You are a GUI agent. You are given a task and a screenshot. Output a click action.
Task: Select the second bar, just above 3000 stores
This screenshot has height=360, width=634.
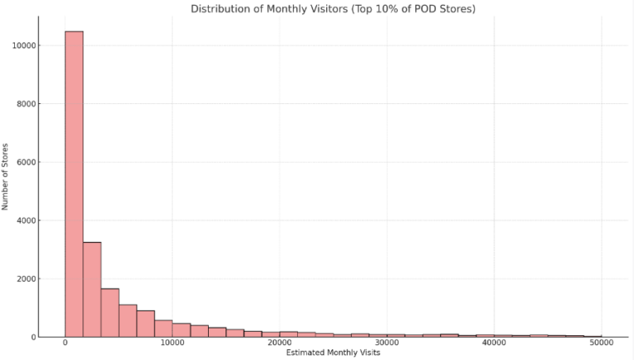point(92,289)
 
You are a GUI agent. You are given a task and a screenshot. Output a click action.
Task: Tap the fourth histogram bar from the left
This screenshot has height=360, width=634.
point(128,320)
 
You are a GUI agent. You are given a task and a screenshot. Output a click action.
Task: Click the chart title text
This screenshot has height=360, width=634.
point(333,9)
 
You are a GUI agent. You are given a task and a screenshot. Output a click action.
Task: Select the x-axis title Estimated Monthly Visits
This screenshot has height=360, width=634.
point(333,353)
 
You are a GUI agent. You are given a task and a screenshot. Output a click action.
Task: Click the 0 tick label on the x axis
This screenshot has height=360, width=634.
point(65,343)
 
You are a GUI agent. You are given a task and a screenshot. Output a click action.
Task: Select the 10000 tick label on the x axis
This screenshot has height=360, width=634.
point(173,343)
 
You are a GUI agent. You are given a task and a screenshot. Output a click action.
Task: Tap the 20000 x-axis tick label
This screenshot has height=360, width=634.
point(280,343)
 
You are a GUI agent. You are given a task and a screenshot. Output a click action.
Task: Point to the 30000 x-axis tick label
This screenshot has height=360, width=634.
point(387,343)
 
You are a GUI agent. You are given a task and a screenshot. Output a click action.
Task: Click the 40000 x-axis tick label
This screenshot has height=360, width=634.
point(494,343)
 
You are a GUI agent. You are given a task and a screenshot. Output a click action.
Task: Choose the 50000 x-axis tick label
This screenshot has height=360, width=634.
point(602,343)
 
